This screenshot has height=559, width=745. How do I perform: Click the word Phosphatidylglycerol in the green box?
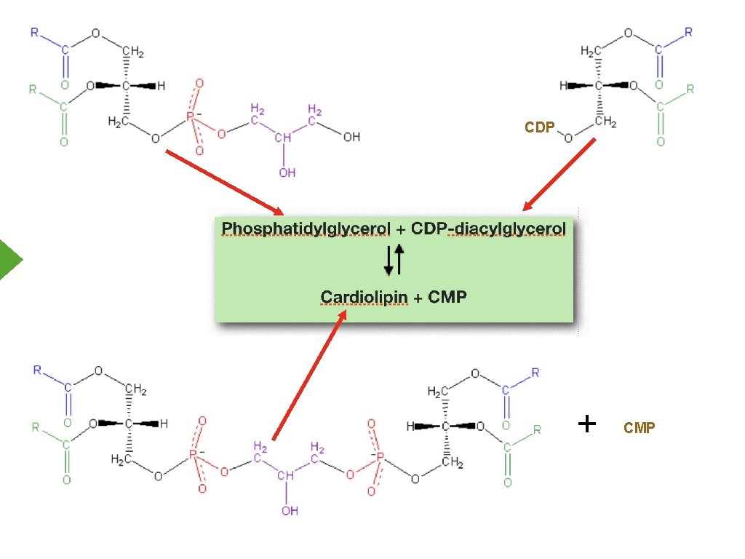point(306,229)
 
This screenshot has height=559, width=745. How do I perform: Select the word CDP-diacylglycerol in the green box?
point(488,229)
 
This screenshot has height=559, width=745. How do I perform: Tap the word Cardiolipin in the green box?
point(364,297)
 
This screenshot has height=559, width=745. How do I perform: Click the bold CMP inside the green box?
point(447,297)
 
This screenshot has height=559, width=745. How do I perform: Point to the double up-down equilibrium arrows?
point(394,260)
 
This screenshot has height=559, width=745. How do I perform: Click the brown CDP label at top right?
point(539,127)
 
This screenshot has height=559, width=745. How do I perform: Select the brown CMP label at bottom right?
point(639,427)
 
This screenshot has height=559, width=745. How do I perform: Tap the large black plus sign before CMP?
point(587,424)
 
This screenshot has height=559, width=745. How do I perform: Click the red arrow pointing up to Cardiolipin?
point(309,375)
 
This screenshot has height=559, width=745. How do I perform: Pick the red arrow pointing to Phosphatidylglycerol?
point(224,183)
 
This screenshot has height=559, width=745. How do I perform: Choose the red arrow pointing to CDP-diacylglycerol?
point(559,175)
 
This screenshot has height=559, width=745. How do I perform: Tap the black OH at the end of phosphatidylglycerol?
point(351,137)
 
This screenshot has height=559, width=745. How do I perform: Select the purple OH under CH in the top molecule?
point(287,172)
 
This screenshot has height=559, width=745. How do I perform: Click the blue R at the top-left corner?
point(35,32)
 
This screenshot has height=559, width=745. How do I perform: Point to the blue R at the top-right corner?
point(688,32)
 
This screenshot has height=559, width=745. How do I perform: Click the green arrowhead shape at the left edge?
point(9,260)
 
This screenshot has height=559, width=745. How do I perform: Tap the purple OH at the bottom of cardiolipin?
point(290,510)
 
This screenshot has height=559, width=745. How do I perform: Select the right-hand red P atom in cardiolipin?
point(380,456)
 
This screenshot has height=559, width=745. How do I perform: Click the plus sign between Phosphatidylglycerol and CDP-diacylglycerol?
point(401,230)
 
